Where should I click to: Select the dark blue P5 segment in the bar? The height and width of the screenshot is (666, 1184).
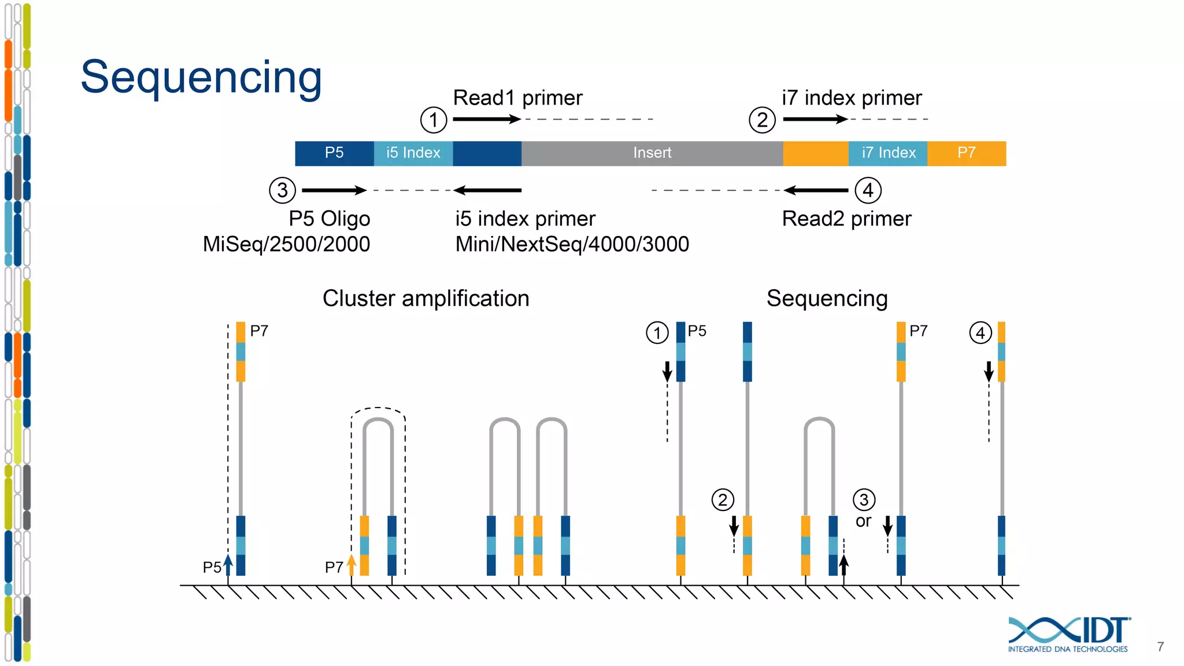(334, 153)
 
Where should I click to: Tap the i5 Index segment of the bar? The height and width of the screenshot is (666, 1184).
(413, 153)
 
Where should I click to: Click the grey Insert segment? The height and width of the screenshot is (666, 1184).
(652, 153)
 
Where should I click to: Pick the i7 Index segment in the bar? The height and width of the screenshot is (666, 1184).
(888, 153)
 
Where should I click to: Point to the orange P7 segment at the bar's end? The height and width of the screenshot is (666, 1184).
(966, 153)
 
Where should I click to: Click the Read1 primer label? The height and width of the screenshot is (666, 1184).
(517, 98)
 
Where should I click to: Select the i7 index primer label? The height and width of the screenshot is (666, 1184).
(851, 98)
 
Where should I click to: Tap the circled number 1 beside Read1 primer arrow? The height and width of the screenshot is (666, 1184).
(433, 120)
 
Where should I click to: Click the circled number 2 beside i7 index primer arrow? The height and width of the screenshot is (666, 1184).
(762, 120)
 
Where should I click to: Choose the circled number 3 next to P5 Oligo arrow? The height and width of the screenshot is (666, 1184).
(282, 190)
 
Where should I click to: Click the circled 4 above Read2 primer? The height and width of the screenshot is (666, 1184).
(868, 190)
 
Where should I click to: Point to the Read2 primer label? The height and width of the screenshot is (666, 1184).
(846, 219)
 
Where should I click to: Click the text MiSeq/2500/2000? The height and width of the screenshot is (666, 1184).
(286, 245)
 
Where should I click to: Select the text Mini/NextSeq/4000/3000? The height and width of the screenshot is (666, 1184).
(572, 245)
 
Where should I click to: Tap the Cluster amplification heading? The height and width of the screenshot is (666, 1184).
(425, 299)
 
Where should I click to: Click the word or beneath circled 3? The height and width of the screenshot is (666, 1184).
(863, 521)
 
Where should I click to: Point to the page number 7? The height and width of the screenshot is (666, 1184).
(1160, 647)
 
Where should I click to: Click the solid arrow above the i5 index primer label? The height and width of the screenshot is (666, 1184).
(488, 190)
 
